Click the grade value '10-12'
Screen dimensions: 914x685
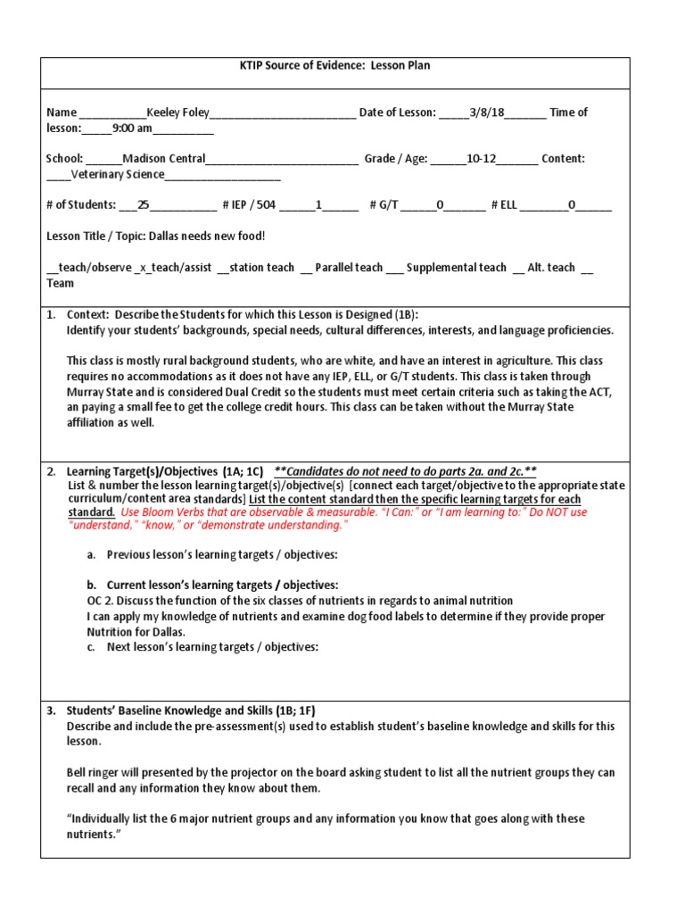pyautogui.click(x=482, y=159)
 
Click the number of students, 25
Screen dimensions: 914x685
pyautogui.click(x=144, y=205)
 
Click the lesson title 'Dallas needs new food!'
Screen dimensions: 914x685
pyautogui.click(x=206, y=237)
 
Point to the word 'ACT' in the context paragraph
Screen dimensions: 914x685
pyautogui.click(x=602, y=393)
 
